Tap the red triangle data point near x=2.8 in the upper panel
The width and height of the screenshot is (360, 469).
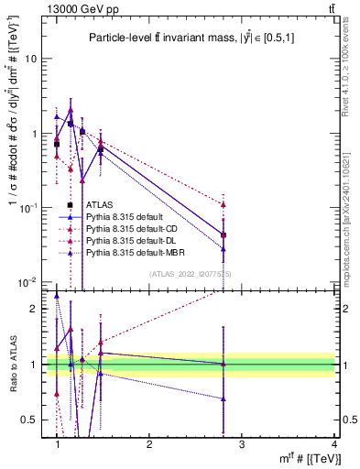click(x=224, y=204)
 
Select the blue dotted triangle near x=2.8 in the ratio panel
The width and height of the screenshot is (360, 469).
click(x=224, y=398)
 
